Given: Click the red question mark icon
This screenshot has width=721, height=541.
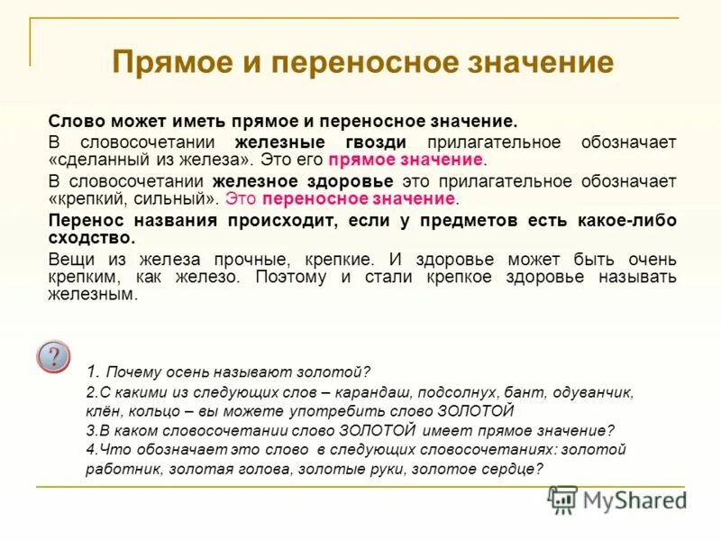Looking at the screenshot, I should click(52, 356).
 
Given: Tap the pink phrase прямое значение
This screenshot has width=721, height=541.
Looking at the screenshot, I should click(406, 160).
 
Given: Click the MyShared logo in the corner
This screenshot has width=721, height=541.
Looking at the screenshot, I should click(617, 500).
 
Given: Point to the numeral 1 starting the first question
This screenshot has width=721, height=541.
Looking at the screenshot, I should click(92, 371).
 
